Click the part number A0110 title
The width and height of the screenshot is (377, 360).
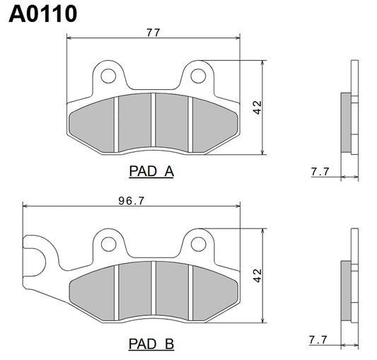[x=42, y=14]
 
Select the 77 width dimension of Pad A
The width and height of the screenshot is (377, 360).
[x=153, y=33]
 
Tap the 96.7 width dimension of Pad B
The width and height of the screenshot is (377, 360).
[x=131, y=201]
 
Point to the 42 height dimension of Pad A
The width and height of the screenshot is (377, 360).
[x=257, y=108]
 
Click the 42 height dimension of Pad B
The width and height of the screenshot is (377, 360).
[x=257, y=274]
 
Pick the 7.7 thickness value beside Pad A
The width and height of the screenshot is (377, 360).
[x=320, y=171]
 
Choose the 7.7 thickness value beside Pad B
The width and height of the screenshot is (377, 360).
[x=320, y=340]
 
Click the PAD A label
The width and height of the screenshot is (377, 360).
[x=151, y=171]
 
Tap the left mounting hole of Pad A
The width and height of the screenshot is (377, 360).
[x=108, y=74]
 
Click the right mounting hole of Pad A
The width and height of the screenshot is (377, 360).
[x=198, y=74]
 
